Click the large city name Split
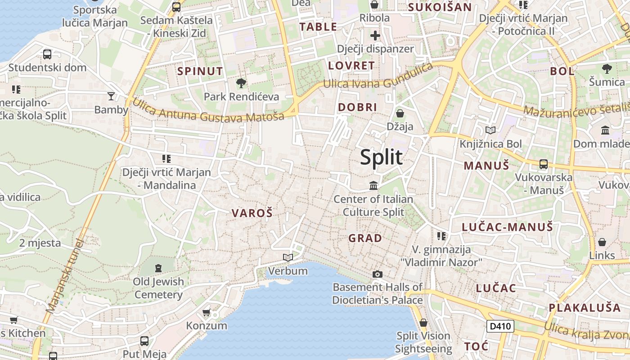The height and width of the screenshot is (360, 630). click(x=381, y=158)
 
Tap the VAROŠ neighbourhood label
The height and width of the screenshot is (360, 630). click(x=252, y=213)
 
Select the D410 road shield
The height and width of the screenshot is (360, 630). click(x=500, y=326)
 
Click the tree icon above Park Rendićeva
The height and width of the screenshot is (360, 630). click(x=241, y=83)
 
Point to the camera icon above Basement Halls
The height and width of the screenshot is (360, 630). click(x=377, y=274)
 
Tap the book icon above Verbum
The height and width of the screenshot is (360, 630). click(x=288, y=257)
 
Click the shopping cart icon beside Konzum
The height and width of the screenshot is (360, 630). click(x=207, y=312)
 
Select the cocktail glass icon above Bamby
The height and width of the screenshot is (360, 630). click(x=111, y=96)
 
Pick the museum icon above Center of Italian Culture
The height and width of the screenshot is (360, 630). click(x=373, y=185)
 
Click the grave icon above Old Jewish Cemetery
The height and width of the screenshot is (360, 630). click(x=158, y=268)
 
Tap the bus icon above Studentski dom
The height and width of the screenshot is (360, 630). click(x=47, y=54)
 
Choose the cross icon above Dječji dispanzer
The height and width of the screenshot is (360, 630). click(x=375, y=36)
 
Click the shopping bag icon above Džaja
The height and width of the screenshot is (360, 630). click(x=400, y=113)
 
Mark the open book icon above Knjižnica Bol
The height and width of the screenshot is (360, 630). click(x=490, y=130)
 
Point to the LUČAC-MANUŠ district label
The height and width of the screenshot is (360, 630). click(x=507, y=227)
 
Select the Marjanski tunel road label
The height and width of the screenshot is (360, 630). click(x=66, y=277)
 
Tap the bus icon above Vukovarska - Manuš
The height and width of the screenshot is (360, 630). click(x=543, y=164)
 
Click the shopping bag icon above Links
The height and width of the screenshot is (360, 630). click(x=602, y=242)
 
